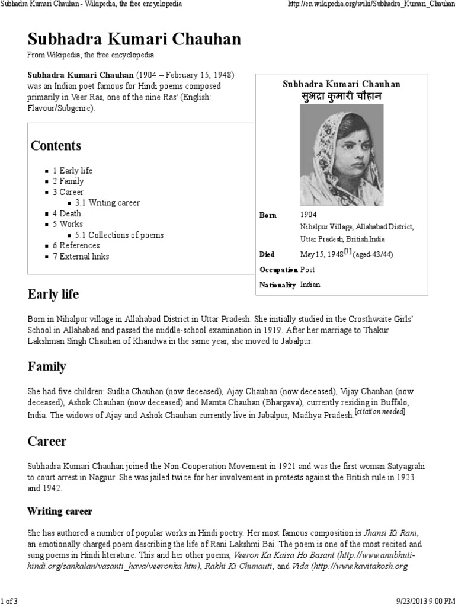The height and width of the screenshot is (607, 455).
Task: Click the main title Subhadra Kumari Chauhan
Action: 134,39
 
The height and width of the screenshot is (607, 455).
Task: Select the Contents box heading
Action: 56,146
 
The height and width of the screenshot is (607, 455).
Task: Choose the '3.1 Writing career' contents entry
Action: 107,203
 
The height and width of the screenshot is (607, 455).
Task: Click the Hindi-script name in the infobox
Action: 341,96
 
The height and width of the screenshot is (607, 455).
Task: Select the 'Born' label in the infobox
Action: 268,215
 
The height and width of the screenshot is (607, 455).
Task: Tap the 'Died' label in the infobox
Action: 267,254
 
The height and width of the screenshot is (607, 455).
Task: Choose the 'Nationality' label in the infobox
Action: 277,285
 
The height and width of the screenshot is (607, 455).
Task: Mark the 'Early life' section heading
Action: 53,295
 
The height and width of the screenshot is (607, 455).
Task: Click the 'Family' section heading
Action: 47,367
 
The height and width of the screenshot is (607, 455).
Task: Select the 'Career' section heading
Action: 47,442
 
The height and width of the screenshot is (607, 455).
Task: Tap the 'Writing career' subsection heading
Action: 60,511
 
